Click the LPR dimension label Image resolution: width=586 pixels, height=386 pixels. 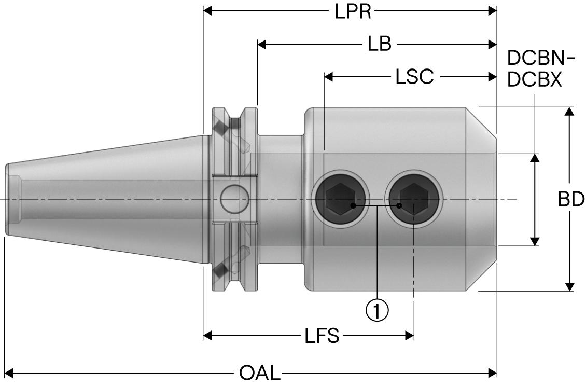(x=353, y=11)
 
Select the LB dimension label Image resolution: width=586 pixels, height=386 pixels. (x=379, y=44)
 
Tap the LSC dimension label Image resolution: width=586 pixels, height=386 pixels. (x=414, y=77)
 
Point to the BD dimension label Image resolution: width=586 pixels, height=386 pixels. (x=571, y=199)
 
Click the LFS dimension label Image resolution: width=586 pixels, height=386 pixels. (x=322, y=336)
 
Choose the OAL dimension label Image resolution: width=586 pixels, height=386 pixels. (x=260, y=373)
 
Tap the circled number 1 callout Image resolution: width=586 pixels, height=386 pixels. (x=377, y=310)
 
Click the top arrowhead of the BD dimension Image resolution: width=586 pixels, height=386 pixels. (x=569, y=112)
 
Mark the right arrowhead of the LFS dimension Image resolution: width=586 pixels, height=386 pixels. (x=409, y=336)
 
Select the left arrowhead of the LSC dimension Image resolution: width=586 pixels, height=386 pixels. (x=329, y=77)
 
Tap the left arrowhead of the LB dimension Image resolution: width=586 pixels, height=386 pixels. (x=262, y=44)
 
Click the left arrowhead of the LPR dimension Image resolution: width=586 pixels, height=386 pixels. (x=208, y=10)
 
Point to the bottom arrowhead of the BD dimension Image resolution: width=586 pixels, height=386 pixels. (x=569, y=286)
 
